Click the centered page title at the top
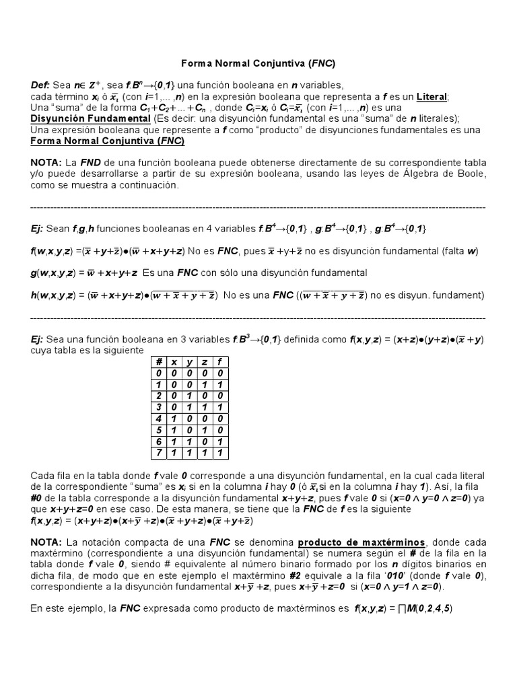[258, 64]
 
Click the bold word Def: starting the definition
[41, 85]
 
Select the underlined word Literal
[432, 97]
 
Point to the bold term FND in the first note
[91, 164]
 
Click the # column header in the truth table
[160, 362]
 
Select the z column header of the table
[204, 362]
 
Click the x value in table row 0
[174, 373]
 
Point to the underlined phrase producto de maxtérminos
[351, 542]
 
